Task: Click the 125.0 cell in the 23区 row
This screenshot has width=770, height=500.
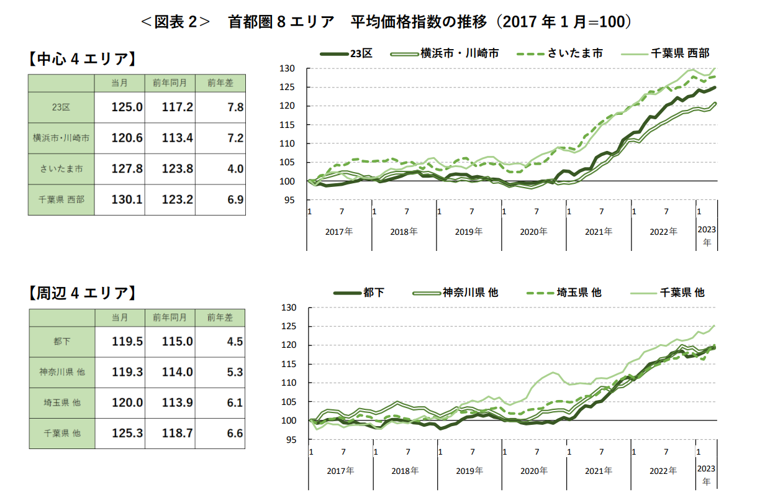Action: (x=127, y=107)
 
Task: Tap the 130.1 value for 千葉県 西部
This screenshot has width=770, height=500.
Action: (x=127, y=199)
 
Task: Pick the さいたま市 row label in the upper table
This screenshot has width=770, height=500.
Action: (x=61, y=169)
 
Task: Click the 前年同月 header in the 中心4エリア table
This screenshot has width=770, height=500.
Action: (x=170, y=83)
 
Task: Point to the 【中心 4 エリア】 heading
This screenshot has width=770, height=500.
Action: (x=83, y=60)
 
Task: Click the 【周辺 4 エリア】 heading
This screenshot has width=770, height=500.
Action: (x=83, y=293)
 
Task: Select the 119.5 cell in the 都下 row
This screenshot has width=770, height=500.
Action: (x=127, y=342)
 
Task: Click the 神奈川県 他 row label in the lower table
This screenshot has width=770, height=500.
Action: (x=61, y=372)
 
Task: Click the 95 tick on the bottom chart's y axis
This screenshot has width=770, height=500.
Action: (x=299, y=440)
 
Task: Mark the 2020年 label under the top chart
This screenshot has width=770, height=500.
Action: (x=533, y=232)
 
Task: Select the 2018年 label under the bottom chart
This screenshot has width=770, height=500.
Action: (x=405, y=471)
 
